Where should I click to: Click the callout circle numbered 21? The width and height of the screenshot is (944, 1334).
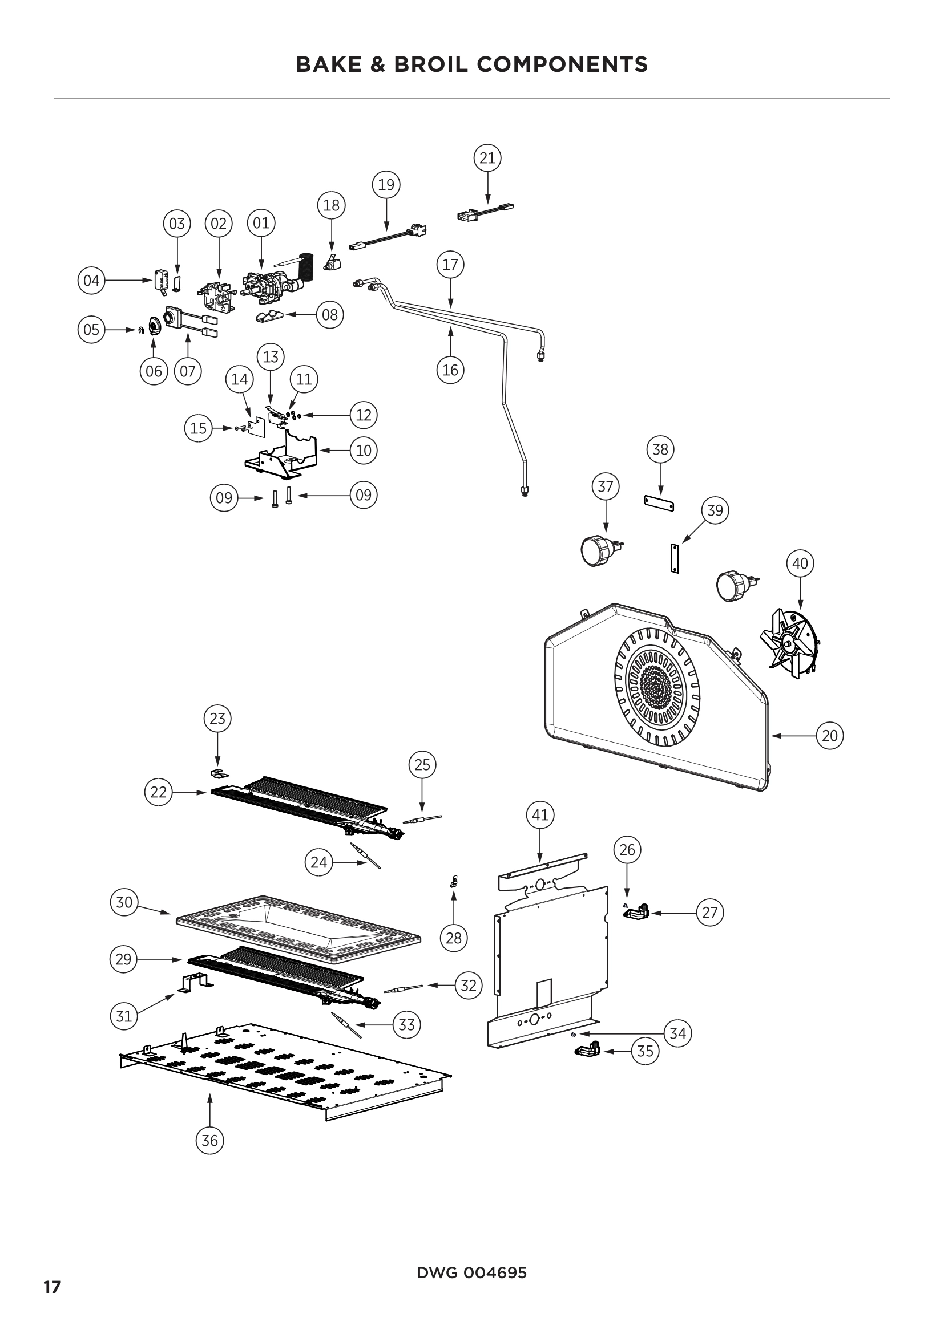coord(487,158)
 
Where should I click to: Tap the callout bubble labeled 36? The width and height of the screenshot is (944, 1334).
coord(209,1141)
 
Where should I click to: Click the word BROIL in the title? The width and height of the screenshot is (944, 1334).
coord(431,64)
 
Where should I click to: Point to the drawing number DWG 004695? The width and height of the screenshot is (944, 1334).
coord(471,1274)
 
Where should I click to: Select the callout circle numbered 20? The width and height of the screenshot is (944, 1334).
coord(829,736)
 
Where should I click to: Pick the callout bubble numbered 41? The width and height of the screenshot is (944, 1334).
coord(540,815)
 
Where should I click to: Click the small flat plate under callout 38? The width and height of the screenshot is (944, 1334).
coord(659,503)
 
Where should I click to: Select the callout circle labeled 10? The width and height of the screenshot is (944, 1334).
coord(364,451)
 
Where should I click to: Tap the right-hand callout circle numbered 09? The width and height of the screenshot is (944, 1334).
coord(364,495)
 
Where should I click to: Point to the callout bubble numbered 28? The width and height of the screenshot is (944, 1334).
coord(453,938)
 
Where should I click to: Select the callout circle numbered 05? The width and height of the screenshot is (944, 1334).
coord(91,330)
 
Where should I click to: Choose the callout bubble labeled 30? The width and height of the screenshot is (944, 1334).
coord(124,902)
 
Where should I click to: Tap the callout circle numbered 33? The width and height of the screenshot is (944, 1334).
coord(406,1025)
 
